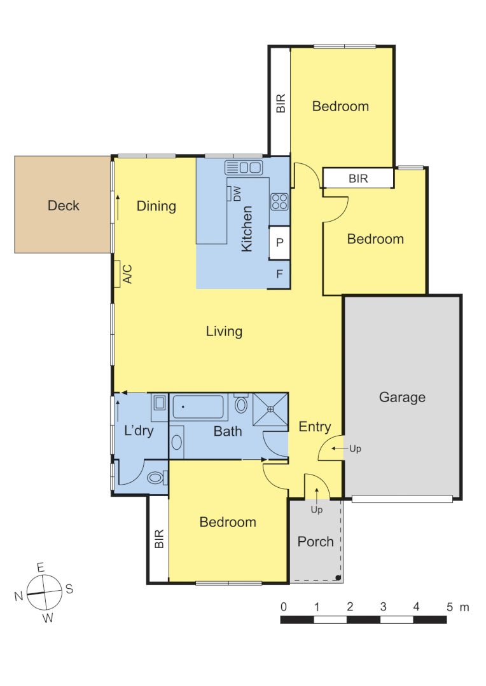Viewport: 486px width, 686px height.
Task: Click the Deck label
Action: point(64,205)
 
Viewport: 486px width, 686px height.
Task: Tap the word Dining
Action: point(156,206)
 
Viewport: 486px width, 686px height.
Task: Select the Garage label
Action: point(402,397)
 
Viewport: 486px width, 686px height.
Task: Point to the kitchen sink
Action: point(244,168)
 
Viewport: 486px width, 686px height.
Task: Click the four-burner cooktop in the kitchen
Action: point(280,201)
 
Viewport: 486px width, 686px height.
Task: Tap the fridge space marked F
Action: point(279,274)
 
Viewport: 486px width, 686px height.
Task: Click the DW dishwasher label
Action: point(237,194)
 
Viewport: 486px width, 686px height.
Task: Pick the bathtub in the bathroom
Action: point(198,406)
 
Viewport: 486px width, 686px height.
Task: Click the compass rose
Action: point(44,592)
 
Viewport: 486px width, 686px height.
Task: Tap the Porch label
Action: point(316,541)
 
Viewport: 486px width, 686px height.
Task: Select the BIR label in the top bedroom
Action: point(281,104)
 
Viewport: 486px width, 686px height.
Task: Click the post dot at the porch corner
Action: point(338,577)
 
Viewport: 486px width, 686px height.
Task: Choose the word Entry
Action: point(315,427)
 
